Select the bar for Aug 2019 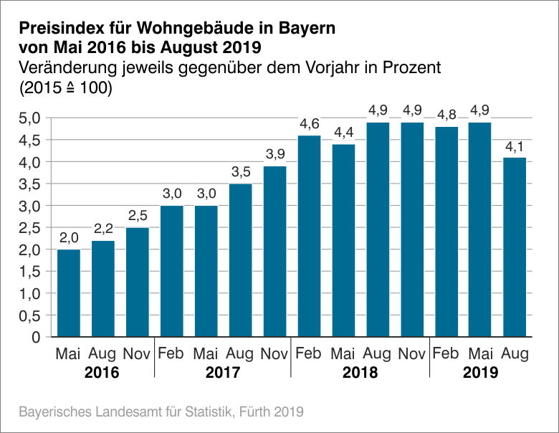515,247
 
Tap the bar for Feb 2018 309,236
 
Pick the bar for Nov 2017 274,251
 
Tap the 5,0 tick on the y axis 29,118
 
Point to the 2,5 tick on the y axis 29,228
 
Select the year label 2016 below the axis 102,373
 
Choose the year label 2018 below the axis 360,373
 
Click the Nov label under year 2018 411,353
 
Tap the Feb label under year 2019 446,353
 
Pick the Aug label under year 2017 240,353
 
